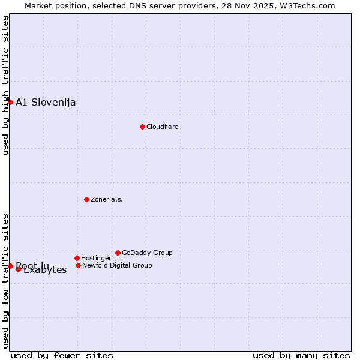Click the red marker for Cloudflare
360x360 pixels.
(x=142, y=127)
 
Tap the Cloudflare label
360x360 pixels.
(x=163, y=127)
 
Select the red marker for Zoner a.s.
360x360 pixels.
(x=86, y=199)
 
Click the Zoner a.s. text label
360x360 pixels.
(x=107, y=199)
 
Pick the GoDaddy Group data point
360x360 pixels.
(x=118, y=253)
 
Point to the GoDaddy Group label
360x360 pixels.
(x=147, y=253)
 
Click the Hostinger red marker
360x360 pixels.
(x=77, y=258)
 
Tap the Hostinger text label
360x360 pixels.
(x=96, y=258)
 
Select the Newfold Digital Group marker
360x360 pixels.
(x=78, y=265)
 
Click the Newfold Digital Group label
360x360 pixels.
(x=117, y=265)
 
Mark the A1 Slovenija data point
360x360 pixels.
(x=10, y=102)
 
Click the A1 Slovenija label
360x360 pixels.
(x=46, y=102)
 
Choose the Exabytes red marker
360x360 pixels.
(x=19, y=269)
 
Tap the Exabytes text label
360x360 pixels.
(x=46, y=271)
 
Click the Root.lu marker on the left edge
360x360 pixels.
(x=10, y=266)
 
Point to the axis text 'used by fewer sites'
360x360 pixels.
(x=62, y=355)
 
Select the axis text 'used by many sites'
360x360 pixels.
(x=301, y=355)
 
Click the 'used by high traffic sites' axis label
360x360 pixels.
(x=5, y=85)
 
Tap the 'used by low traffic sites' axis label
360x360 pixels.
(x=5, y=281)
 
